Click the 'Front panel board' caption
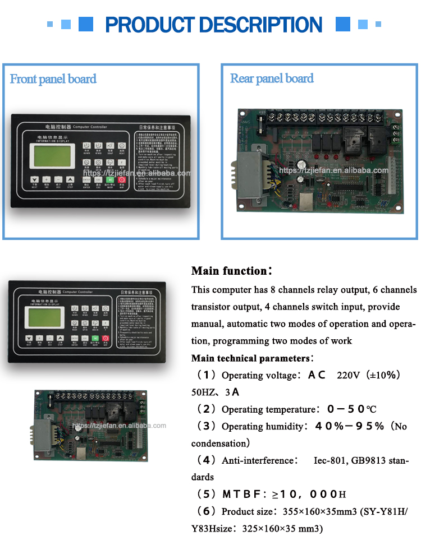[53, 79]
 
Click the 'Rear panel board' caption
[272, 78]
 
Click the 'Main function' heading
[231, 271]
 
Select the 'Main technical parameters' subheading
[250, 358]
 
